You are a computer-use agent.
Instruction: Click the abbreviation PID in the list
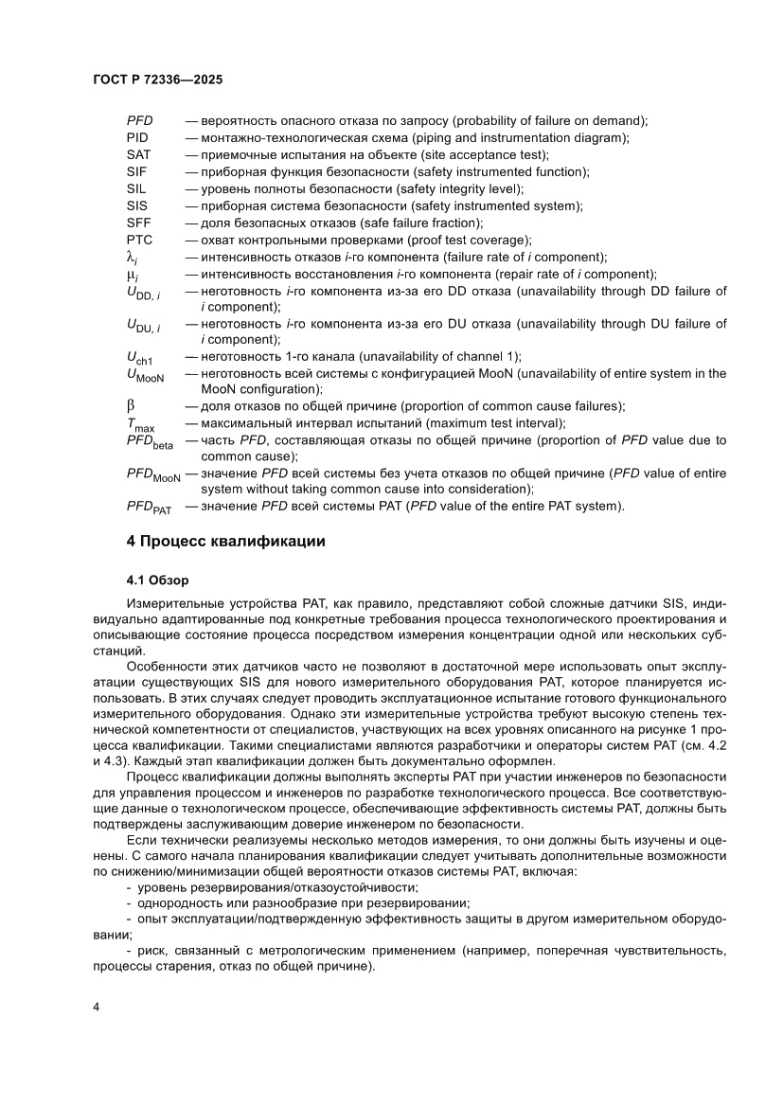[x=137, y=137]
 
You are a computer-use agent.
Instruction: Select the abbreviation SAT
[x=138, y=154]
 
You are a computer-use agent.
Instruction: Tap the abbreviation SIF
[x=137, y=171]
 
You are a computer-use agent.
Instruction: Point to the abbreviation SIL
[x=137, y=188]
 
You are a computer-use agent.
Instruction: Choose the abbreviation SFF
[x=138, y=223]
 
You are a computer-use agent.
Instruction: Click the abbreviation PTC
[x=139, y=240]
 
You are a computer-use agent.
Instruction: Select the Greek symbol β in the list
[x=132, y=406]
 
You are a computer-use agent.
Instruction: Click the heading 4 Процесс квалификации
[x=226, y=542]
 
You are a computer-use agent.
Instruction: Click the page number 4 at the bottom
[x=97, y=1006]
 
